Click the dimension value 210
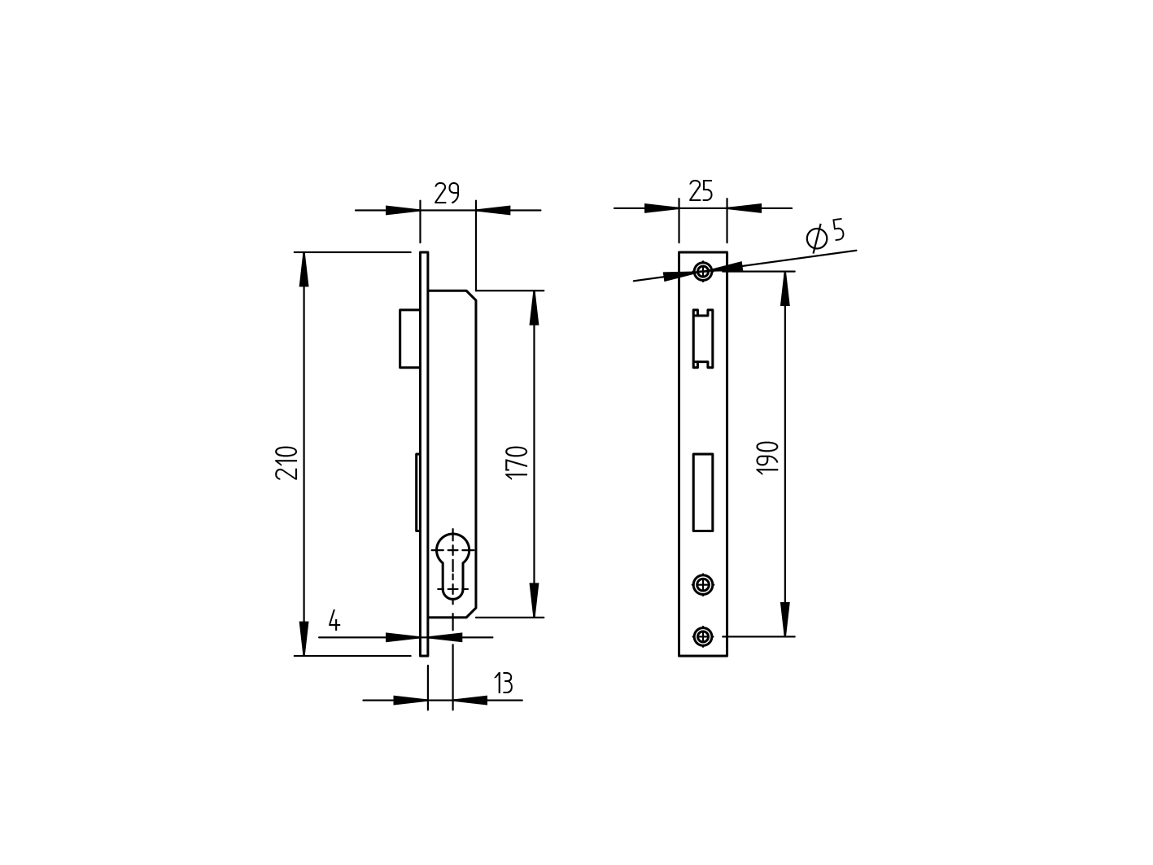[289, 462]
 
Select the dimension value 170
[518, 461]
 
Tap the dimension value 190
[768, 457]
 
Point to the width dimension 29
[447, 194]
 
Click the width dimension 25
[701, 192]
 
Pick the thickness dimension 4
[334, 622]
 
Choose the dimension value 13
[503, 684]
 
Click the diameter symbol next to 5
[816, 237]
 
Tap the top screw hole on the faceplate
[703, 271]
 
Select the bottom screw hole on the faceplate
[703, 636]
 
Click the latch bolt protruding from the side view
[409, 338]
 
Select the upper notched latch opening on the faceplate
[703, 339]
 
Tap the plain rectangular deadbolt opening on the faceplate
[703, 492]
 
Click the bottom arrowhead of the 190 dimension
[785, 621]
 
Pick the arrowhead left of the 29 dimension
[402, 210]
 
